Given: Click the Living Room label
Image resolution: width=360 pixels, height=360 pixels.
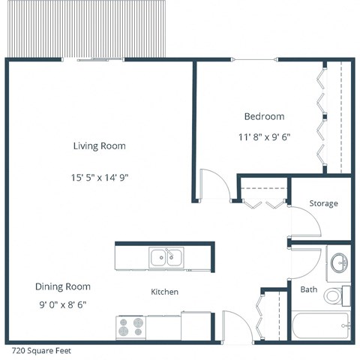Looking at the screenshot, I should tap(99, 145).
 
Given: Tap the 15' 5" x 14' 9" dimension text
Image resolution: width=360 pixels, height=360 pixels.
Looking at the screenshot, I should tap(99, 178).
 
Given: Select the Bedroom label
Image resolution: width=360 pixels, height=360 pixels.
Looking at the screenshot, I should tap(264, 116).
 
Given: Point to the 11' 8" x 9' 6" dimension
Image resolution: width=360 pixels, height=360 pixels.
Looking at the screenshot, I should tap(264, 137).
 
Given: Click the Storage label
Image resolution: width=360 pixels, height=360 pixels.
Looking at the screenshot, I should tap(323, 203).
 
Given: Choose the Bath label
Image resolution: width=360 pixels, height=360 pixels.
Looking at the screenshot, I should tap(308, 289).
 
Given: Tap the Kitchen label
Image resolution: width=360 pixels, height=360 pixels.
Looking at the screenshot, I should tap(164, 292).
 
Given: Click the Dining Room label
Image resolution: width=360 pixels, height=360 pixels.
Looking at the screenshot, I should tap(62, 286).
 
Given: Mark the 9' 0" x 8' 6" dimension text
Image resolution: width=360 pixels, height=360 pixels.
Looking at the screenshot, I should tap(62, 304).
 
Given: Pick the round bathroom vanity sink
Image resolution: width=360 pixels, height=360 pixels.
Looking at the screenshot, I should tap(339, 262).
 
